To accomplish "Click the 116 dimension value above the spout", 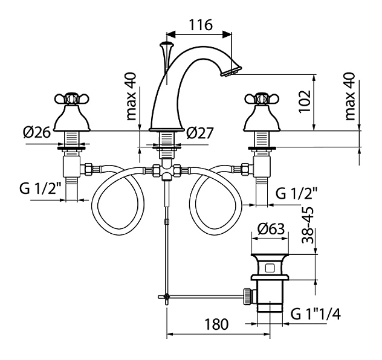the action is click(x=201, y=25).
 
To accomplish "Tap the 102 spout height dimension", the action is click(x=305, y=101).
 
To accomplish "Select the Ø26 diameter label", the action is click(x=37, y=133).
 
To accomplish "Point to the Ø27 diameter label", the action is click(x=200, y=133).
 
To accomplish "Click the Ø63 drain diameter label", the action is click(x=271, y=229).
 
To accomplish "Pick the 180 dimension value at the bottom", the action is click(x=216, y=324).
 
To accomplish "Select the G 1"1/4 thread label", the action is click(x=316, y=314).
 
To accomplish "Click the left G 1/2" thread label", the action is click(x=40, y=188).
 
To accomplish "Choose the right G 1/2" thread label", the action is click(x=296, y=193).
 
